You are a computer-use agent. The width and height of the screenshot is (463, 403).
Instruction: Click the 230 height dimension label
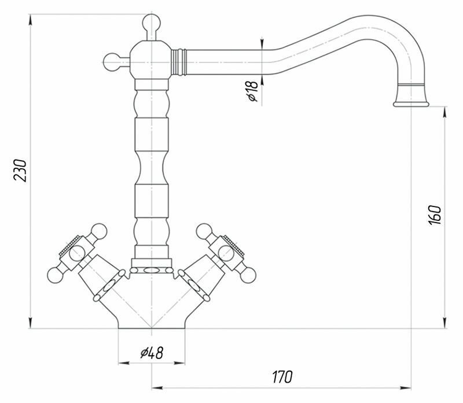(20, 169)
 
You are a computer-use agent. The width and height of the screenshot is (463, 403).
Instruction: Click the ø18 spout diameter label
(251, 91)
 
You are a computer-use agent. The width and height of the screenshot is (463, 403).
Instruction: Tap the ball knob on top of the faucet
(150, 24)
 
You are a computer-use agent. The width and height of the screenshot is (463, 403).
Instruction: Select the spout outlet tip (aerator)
(410, 102)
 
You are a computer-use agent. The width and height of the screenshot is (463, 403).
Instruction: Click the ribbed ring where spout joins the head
(180, 61)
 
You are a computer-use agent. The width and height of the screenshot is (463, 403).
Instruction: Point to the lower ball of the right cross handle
(248, 273)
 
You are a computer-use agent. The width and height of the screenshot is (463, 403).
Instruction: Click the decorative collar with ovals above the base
(152, 269)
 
